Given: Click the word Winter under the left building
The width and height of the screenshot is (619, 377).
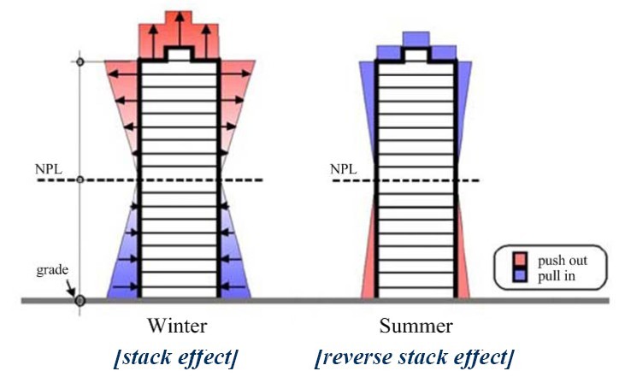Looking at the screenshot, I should (x=177, y=326).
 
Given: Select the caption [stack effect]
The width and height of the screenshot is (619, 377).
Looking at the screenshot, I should (x=176, y=356).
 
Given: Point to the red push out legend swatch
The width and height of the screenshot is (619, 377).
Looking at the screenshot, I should (x=519, y=259).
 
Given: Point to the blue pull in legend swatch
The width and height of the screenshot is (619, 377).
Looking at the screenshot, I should (x=519, y=274).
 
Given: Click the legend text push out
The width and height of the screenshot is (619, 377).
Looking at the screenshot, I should (x=558, y=259).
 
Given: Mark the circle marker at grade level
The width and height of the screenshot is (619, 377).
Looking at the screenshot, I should (x=80, y=300).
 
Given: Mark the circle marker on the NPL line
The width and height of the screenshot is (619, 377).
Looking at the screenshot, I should (x=80, y=180).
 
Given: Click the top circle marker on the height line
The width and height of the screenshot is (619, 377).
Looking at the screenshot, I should (x=80, y=62).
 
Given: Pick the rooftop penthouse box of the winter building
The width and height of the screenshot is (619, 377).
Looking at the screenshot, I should (x=179, y=55).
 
